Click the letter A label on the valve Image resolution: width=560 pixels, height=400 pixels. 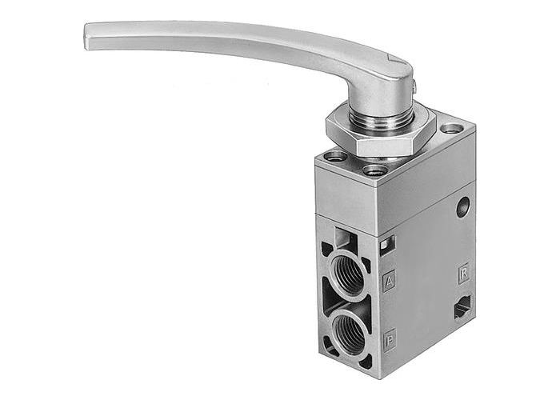390,281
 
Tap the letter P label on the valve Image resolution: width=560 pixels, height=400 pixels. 390,337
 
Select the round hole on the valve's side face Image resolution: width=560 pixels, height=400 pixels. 462,208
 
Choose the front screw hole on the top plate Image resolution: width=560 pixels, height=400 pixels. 370,170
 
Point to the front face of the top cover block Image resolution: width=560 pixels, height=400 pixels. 352,192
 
